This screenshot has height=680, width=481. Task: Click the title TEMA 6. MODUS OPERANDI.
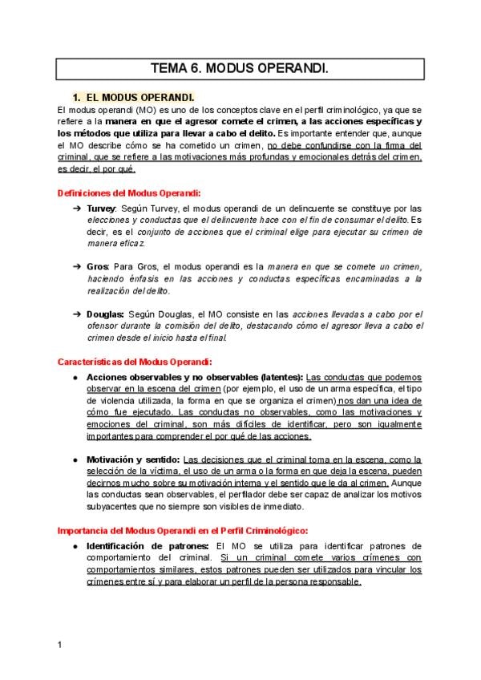pos(240,69)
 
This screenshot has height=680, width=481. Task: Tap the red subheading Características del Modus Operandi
pos(135,362)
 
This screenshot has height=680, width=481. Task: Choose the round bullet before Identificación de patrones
pos(75,546)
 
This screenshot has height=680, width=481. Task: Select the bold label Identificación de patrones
pos(148,546)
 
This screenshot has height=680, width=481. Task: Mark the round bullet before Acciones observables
pos(75,377)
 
